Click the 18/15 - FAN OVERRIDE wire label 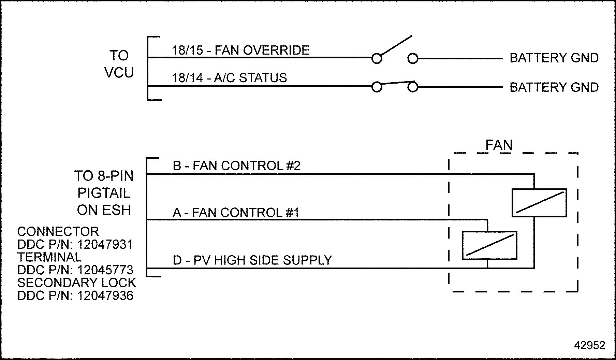pos(240,51)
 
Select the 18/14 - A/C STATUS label pos(229,78)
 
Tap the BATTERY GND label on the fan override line pos(554,58)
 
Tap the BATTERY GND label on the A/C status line pos(554,87)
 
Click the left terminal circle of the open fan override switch pos(377,59)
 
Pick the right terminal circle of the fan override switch pos(413,59)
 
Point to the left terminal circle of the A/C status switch pos(377,87)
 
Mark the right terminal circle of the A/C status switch pos(413,87)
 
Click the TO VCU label pos(119,64)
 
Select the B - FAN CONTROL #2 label pos(237,166)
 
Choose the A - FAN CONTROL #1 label pos(236,213)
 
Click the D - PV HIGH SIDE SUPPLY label pos(252,260)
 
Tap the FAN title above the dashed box pos(499,145)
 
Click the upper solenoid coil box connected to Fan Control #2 pos(539,203)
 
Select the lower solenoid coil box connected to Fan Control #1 pos(489,246)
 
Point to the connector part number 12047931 pos(105,245)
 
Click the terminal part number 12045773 pos(105,270)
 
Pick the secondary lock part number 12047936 pos(105,296)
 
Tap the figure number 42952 pos(589,345)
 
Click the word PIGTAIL pos(104,193)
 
